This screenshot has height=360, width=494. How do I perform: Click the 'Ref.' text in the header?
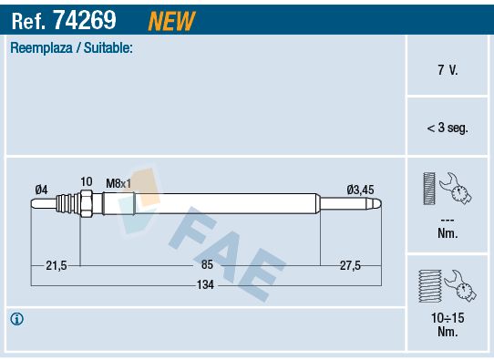(x=29, y=18)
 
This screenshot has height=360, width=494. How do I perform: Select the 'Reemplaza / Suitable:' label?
(x=71, y=47)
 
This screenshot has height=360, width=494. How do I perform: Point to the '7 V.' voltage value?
(x=448, y=70)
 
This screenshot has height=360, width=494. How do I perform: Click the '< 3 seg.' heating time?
(x=448, y=129)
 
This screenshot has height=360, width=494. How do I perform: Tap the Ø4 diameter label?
(x=41, y=189)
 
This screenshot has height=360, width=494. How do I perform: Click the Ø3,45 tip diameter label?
(x=360, y=189)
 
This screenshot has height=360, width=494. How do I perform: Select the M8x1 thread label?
(x=118, y=183)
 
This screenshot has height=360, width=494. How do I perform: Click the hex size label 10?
(x=87, y=182)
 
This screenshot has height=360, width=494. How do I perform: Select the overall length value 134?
(x=206, y=285)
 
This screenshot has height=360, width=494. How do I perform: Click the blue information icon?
(x=16, y=319)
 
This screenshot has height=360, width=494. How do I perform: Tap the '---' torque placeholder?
(x=448, y=221)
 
